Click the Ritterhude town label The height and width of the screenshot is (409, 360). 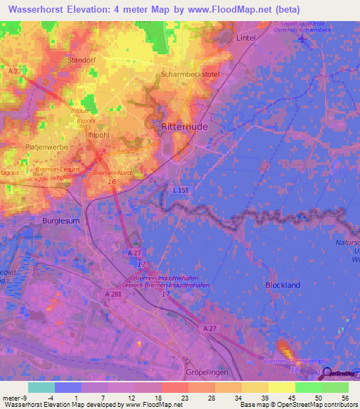click(x=179, y=126)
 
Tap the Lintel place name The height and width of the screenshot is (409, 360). click(x=245, y=37)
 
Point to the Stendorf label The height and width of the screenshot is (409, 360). click(x=81, y=60)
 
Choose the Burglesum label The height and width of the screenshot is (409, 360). click(x=61, y=221)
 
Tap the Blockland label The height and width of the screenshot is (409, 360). click(x=283, y=285)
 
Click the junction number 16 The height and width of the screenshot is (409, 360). click(x=112, y=182)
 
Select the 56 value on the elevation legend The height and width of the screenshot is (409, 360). click(x=345, y=397)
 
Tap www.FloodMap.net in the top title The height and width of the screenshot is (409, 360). click(x=231, y=9)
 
